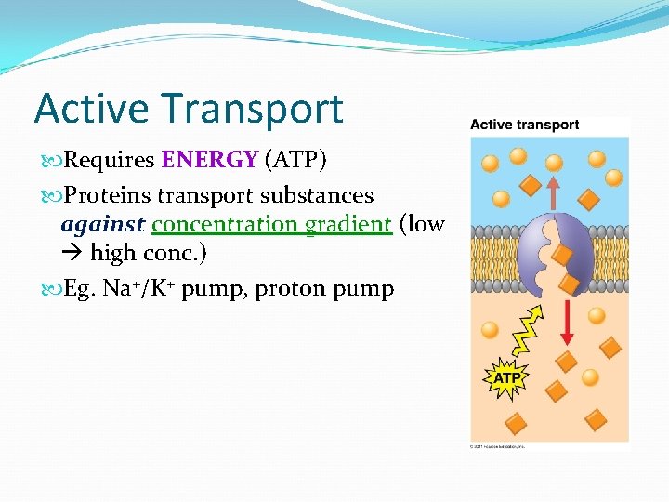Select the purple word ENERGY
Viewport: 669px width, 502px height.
(x=209, y=160)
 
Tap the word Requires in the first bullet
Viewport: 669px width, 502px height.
(x=110, y=160)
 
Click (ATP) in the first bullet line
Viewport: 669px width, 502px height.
(x=295, y=160)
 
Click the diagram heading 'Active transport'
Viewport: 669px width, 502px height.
(x=524, y=125)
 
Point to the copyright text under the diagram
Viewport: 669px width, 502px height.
(x=498, y=446)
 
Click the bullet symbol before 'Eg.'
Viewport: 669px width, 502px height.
(x=52, y=289)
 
